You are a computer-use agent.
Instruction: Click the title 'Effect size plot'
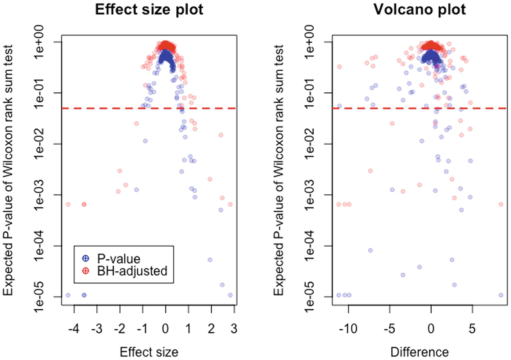[x=148, y=10]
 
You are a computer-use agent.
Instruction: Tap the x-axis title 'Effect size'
[x=149, y=352]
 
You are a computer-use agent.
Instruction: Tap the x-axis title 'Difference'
[x=419, y=352]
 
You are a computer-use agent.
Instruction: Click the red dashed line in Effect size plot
[x=128, y=109]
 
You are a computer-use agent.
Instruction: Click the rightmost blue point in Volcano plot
[x=501, y=295]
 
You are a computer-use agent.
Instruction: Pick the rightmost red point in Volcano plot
[x=501, y=204]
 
